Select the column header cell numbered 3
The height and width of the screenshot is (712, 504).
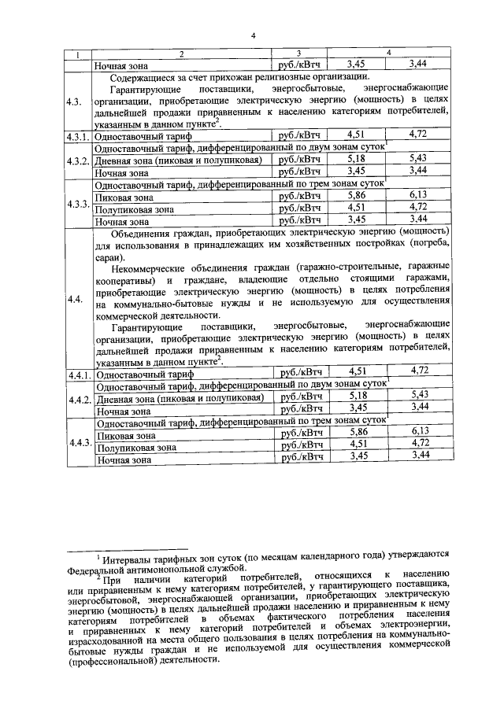click(x=298, y=53)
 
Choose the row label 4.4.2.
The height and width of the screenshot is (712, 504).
click(x=77, y=400)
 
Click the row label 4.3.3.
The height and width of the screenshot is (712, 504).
click(x=77, y=204)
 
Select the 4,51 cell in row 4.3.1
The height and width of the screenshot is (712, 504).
click(x=358, y=135)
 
